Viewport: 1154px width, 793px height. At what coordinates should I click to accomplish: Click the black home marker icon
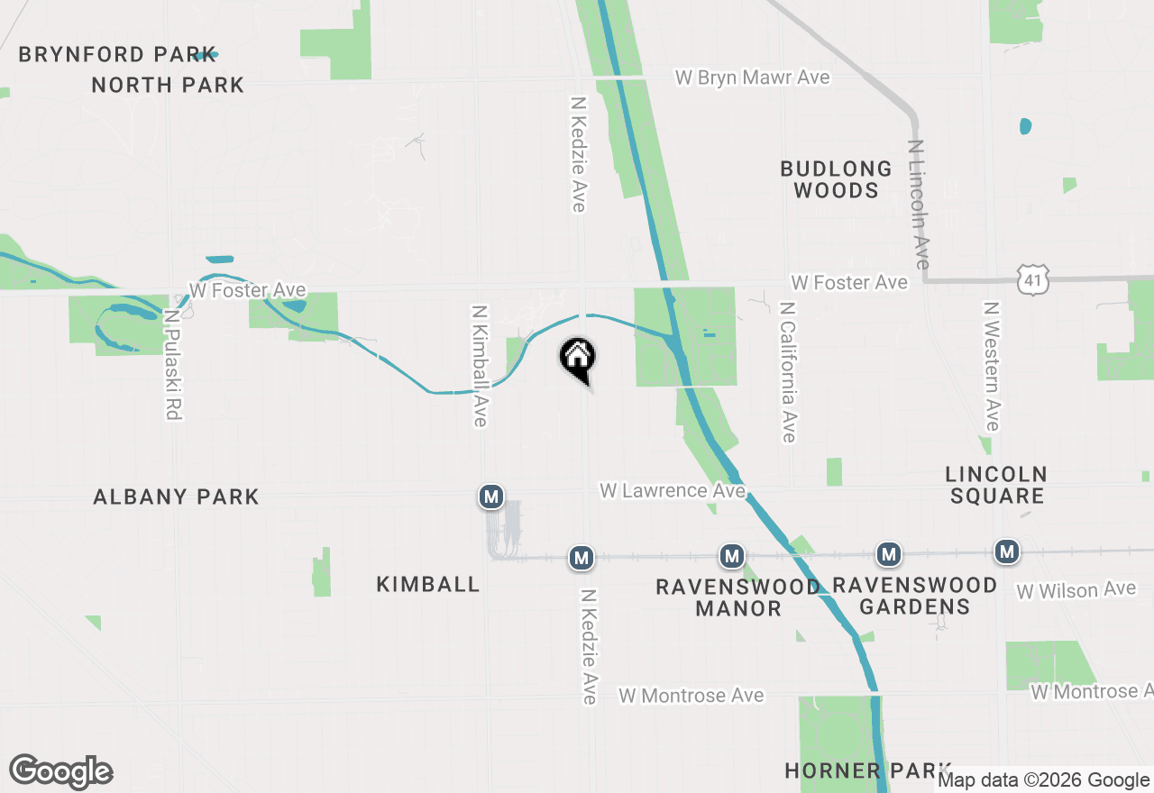[577, 357]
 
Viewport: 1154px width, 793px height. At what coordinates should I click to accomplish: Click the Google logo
[60, 772]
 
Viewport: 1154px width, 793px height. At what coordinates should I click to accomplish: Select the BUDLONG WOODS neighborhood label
[836, 179]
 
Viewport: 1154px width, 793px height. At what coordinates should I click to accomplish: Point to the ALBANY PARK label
[176, 497]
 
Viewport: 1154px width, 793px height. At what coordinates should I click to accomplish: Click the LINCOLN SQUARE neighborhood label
[996, 484]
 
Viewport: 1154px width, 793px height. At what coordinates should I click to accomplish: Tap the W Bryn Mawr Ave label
[752, 77]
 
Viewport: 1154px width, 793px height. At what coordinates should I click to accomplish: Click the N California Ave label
[789, 371]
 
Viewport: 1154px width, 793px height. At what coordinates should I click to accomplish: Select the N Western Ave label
[991, 366]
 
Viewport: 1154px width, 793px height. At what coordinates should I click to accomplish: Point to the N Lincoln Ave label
[919, 204]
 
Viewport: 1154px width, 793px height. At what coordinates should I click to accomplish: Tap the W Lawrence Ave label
[673, 490]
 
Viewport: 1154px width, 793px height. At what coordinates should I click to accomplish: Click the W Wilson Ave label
[1076, 590]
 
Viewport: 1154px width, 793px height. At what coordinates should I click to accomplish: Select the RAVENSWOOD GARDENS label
[914, 596]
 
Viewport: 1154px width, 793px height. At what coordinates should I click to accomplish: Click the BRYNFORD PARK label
[117, 54]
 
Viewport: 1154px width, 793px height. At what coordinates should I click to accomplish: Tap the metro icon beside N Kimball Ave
[490, 496]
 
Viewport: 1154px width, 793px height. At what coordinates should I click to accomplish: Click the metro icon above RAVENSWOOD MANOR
[732, 555]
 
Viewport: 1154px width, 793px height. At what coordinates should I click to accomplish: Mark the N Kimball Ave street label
[480, 365]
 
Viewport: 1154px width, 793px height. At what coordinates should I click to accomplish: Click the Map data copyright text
[1043, 780]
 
